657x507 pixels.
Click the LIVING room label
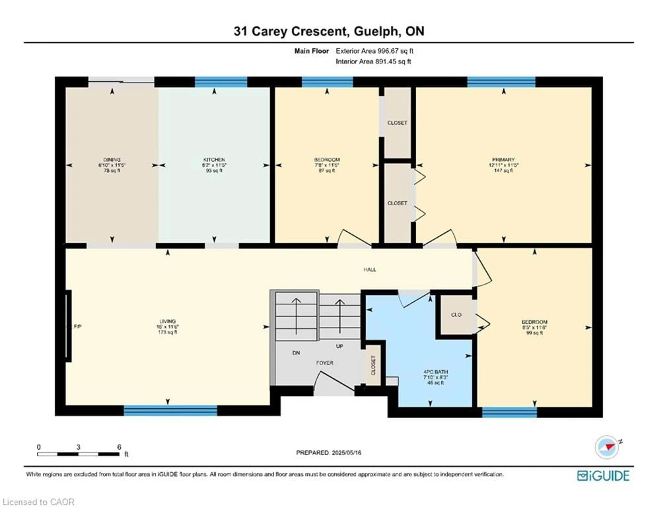pyautogui.click(x=168, y=321)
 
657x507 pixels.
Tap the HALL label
pyautogui.click(x=370, y=269)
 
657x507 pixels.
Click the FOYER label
pyautogui.click(x=325, y=363)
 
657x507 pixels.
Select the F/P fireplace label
pyautogui.click(x=78, y=327)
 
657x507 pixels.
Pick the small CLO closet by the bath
pyautogui.click(x=456, y=315)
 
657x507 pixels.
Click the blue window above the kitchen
pyautogui.click(x=221, y=82)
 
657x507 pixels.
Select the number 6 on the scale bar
pyautogui.click(x=119, y=447)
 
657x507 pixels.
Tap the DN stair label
pyautogui.click(x=296, y=353)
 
